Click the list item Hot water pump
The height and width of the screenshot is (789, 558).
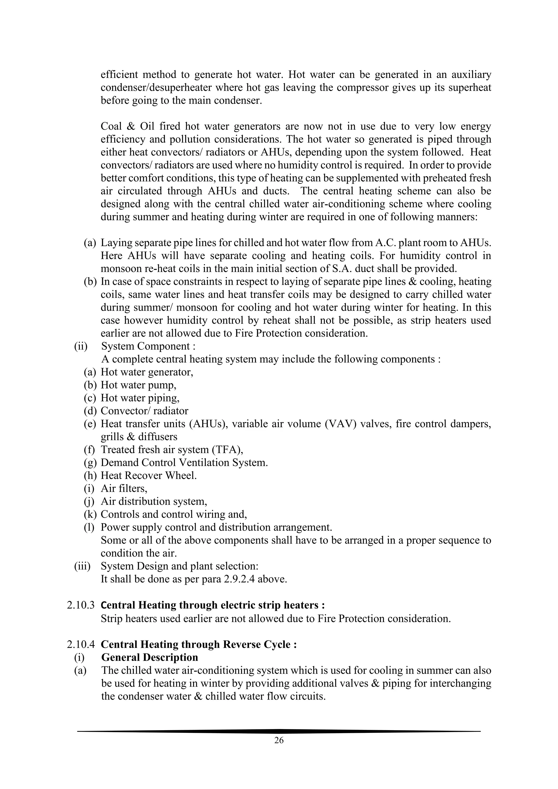tap(138, 385)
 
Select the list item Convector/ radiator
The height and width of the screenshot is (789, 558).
tap(144, 411)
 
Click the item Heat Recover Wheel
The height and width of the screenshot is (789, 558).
tap(148, 476)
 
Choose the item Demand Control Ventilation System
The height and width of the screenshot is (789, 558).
tap(184, 463)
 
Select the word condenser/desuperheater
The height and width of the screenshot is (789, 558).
tap(156, 88)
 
